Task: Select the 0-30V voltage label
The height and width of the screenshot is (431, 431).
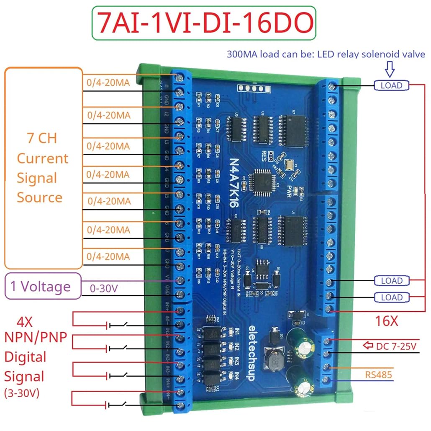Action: (105, 289)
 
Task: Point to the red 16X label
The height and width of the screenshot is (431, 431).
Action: (386, 321)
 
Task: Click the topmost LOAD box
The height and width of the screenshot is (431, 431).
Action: (391, 85)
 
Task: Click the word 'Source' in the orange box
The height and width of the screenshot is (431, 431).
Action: (39, 198)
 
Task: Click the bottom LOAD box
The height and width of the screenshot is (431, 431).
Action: (391, 298)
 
